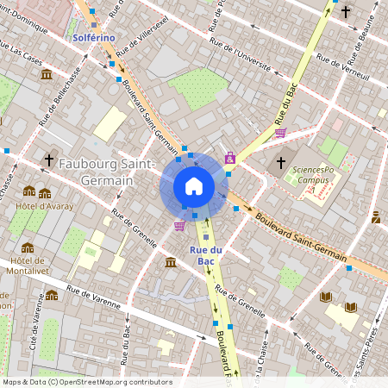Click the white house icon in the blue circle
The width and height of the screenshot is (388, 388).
193,186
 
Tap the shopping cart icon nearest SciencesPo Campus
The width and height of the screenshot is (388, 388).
280,133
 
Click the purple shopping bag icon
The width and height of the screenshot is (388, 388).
229,158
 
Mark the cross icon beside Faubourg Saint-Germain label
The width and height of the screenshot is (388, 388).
49,160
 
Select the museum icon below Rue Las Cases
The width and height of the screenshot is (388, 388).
46,75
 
